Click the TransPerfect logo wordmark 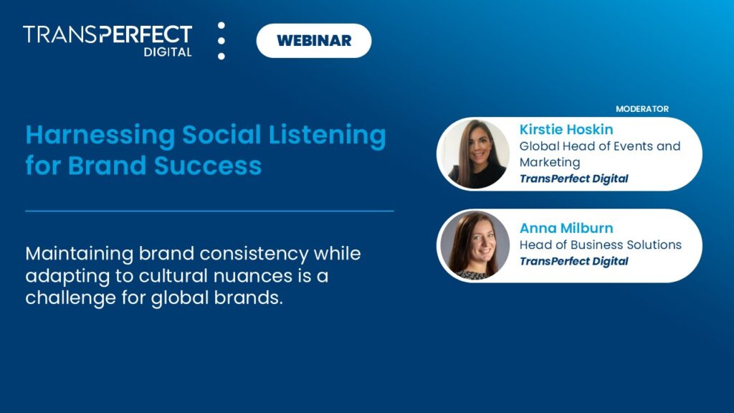[108, 34]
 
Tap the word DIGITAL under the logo [167, 52]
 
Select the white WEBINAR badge [314, 40]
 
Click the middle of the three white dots [221, 41]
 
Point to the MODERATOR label [642, 109]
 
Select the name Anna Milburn [566, 228]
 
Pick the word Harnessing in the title [100, 136]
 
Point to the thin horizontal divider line [209, 211]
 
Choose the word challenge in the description [65, 298]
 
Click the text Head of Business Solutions [600, 245]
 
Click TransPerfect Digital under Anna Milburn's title [573, 261]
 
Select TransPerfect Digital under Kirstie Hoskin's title [573, 179]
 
